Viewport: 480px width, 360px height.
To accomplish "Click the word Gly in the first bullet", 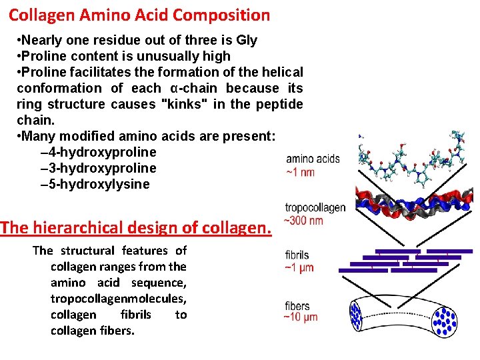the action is (x=245, y=40).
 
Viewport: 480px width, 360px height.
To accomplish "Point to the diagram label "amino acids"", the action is (x=313, y=159).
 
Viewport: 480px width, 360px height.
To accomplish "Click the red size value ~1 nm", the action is (x=300, y=172).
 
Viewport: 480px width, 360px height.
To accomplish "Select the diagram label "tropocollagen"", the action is (x=315, y=208).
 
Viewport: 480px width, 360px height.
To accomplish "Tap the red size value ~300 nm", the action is (x=304, y=220).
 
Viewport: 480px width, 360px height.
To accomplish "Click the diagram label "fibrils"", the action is (x=297, y=255).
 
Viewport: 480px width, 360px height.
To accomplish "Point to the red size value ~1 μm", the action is (x=299, y=268).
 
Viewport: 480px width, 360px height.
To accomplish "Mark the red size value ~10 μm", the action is (x=301, y=317).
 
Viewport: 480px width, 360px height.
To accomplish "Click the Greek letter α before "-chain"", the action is (x=174, y=89).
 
